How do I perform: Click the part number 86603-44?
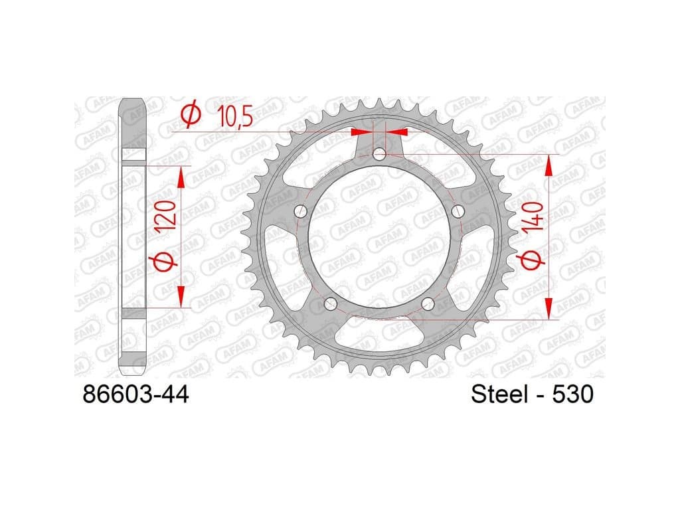pyautogui.click(x=135, y=394)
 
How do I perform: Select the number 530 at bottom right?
pyautogui.click(x=572, y=394)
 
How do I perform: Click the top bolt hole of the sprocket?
pyautogui.click(x=379, y=154)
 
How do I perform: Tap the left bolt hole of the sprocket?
pyautogui.click(x=301, y=212)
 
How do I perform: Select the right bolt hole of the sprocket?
pyautogui.click(x=458, y=212)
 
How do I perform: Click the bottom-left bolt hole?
pyautogui.click(x=331, y=303)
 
